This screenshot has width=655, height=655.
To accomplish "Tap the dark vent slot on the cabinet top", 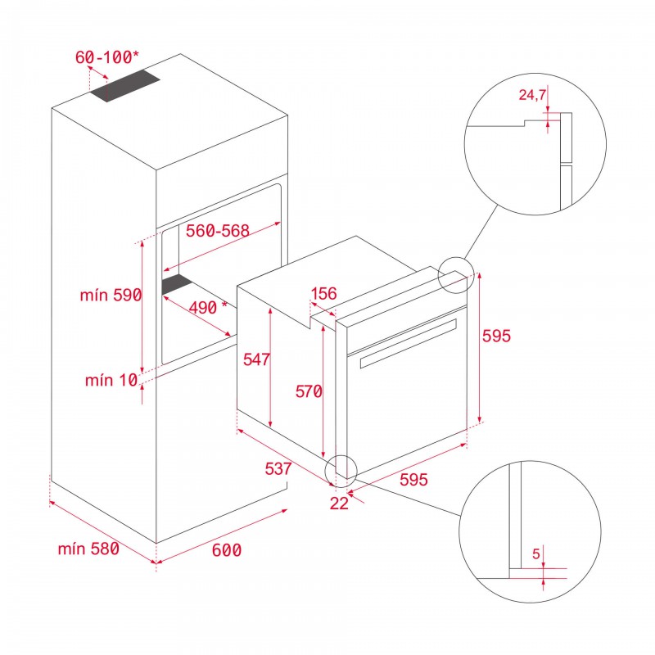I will click(125, 85).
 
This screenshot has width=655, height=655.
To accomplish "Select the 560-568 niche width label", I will click(216, 232).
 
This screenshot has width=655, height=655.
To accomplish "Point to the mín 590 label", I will click(111, 296).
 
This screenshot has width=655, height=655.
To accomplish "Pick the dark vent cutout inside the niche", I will click(176, 283).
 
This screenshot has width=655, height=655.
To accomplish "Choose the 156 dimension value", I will click(324, 294).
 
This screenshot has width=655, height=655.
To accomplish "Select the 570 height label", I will click(309, 391).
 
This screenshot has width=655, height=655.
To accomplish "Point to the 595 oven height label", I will click(496, 337).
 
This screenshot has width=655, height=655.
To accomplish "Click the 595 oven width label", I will click(413, 481).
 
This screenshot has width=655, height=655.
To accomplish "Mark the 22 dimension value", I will click(339, 504).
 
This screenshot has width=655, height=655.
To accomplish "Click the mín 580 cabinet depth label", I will click(88, 549).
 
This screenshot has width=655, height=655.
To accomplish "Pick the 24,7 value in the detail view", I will click(532, 96).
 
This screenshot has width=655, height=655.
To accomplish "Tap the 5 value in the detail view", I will click(536, 554).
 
